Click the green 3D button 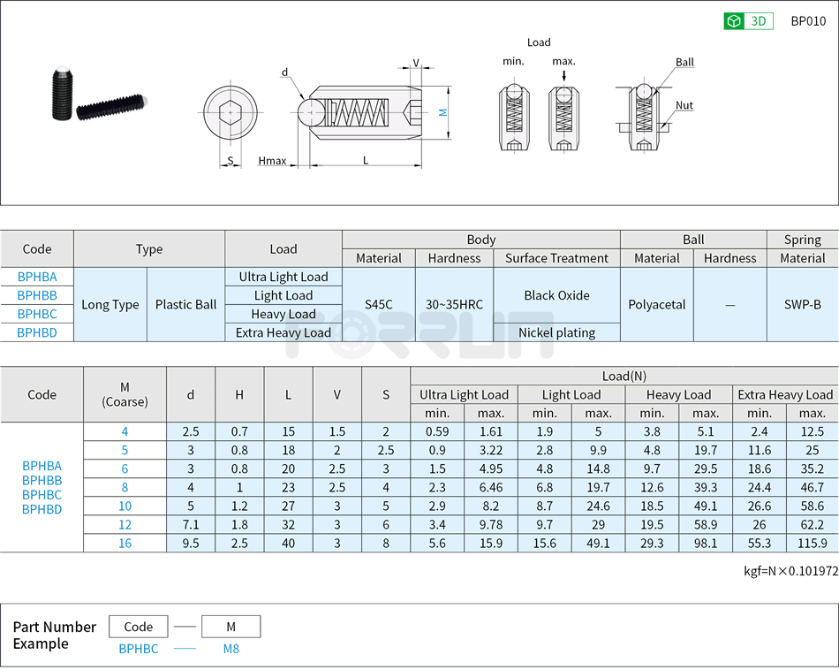tap(748, 21)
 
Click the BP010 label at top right tap(808, 21)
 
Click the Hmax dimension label tap(272, 161)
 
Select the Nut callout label tap(684, 105)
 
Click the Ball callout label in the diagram tap(684, 62)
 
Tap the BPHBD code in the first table tap(37, 332)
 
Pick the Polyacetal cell tap(657, 305)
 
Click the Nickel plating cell tap(556, 332)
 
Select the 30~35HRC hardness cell tap(454, 305)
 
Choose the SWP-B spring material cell tap(802, 305)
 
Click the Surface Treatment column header tap(556, 258)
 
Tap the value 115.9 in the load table tap(812, 544)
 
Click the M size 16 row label tap(125, 544)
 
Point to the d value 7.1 tap(191, 525)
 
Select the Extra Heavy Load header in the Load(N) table tap(785, 395)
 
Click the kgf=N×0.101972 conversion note tap(790, 571)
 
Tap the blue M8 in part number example tap(231, 649)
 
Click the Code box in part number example tap(139, 627)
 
